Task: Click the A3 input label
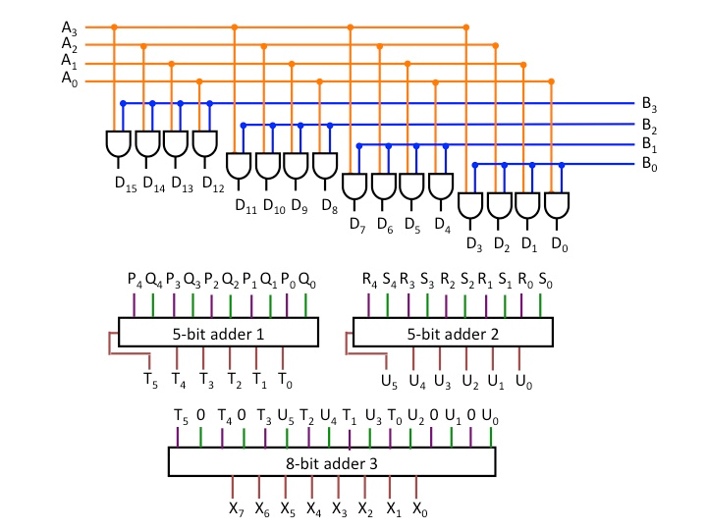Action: click(x=68, y=26)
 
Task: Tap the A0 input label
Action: click(x=68, y=79)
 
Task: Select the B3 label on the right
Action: click(x=649, y=104)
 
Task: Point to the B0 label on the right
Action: click(x=649, y=165)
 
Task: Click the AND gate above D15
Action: click(x=118, y=144)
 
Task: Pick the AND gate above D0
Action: click(x=558, y=205)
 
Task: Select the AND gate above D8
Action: click(x=325, y=165)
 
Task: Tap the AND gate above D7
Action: click(x=354, y=185)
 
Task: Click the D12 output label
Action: click(x=212, y=183)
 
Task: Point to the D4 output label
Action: click(x=443, y=225)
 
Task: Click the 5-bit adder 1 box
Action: click(x=218, y=333)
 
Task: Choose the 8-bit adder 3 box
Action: click(x=331, y=460)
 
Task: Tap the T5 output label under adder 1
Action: click(x=150, y=379)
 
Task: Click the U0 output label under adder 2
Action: click(x=524, y=379)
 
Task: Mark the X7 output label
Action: click(x=234, y=508)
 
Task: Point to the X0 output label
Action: click(x=419, y=508)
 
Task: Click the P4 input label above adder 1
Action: click(x=134, y=280)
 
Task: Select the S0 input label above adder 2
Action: click(x=545, y=280)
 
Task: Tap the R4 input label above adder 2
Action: click(x=369, y=280)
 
